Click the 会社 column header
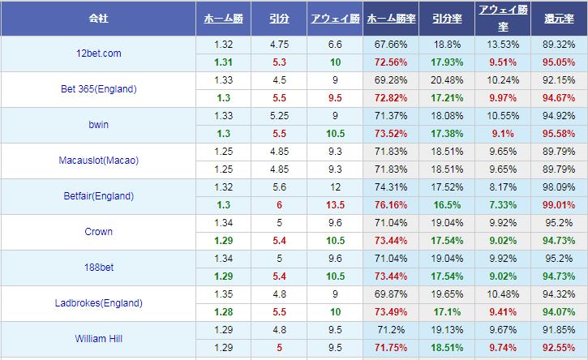(x=97, y=18)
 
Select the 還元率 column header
(x=559, y=18)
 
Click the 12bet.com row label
(x=97, y=54)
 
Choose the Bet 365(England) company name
(x=97, y=89)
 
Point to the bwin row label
(x=97, y=125)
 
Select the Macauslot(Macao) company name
(x=97, y=161)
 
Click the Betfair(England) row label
(x=97, y=196)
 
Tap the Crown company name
(x=97, y=232)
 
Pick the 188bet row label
(x=97, y=268)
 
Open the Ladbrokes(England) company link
(x=97, y=303)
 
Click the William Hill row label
(x=97, y=339)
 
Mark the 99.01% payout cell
(x=559, y=205)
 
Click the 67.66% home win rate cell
(x=391, y=45)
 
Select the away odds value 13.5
(x=334, y=205)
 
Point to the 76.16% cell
(x=391, y=205)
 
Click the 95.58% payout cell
(x=559, y=134)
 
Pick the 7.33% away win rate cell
(x=503, y=205)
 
